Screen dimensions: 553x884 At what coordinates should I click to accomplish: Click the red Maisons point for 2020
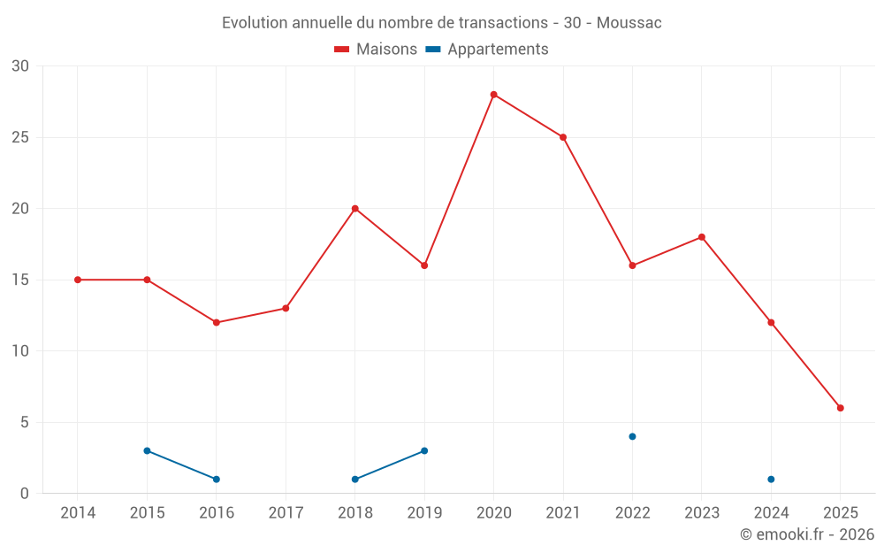click(493, 95)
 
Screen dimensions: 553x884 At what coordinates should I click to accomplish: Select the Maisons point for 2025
click(841, 408)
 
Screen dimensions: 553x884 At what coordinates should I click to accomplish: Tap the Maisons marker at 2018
click(354, 209)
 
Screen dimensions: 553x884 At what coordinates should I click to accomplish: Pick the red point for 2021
click(563, 137)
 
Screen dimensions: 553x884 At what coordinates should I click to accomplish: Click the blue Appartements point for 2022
click(632, 436)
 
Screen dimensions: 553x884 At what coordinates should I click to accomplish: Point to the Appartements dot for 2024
click(771, 480)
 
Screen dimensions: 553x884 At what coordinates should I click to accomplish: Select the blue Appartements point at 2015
click(147, 450)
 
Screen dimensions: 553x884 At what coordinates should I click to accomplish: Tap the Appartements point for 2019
click(424, 450)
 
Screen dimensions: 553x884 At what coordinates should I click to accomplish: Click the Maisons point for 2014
click(78, 280)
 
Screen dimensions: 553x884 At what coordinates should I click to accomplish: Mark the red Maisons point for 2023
click(702, 237)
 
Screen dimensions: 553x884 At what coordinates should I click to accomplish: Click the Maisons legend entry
click(376, 50)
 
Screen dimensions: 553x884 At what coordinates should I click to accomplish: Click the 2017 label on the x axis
click(286, 513)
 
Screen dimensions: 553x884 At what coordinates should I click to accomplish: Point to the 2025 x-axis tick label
click(841, 513)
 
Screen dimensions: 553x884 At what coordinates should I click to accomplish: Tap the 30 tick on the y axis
click(20, 66)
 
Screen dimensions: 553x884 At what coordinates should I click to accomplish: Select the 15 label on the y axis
click(20, 280)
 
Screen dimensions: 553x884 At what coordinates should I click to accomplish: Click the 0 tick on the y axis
click(25, 494)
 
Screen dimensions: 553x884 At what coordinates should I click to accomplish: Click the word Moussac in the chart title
click(629, 23)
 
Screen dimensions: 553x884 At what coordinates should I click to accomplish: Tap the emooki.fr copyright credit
click(807, 534)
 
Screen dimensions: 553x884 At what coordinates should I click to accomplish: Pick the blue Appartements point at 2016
click(217, 480)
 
